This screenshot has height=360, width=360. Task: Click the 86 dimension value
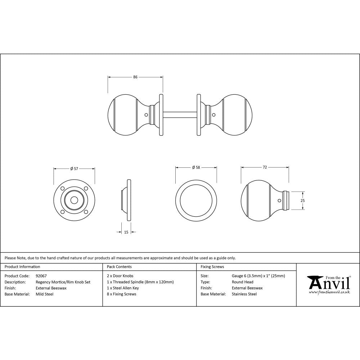point(135,77)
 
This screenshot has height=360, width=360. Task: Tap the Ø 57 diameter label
point(74,168)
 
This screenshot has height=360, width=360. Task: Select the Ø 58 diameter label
point(196,167)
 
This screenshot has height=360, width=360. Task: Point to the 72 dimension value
point(265,167)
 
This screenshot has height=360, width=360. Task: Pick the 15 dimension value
point(126,232)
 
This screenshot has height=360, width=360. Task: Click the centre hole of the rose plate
point(74,200)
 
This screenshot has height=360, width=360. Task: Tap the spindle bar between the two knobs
point(180,115)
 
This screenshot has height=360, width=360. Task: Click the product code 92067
point(41,276)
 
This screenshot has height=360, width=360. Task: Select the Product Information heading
point(22,267)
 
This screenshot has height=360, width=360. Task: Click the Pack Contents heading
point(120,267)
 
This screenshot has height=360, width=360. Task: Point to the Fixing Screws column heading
point(212,267)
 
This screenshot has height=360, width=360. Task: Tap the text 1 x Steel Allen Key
point(123,288)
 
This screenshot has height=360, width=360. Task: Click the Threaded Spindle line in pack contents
point(140,282)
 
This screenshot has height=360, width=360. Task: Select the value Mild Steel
point(45,294)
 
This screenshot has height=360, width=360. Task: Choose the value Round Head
point(243,282)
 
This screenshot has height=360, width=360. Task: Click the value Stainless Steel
point(244,294)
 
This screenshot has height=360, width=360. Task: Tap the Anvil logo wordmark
point(328,283)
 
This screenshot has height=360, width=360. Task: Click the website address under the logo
point(329,292)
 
